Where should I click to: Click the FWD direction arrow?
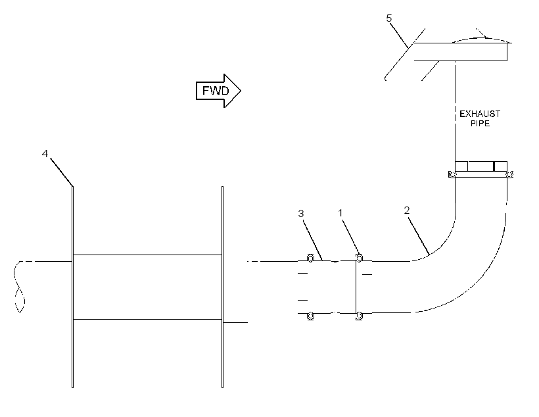218,91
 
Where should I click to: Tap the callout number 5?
388,18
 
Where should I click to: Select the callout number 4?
45,154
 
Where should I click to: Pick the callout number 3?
301,214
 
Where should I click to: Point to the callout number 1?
340,213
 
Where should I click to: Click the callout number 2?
407,210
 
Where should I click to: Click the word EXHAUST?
480,114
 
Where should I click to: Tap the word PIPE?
480,124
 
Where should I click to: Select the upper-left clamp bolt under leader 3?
310,258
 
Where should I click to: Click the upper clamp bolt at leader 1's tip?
359,258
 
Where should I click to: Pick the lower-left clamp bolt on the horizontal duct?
310,316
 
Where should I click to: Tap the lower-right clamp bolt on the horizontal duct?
359,316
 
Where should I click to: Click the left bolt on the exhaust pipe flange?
452,175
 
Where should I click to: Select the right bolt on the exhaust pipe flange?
509,175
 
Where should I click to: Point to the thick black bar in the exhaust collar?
494,166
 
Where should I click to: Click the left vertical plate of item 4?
72,287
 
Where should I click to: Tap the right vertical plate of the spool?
222,287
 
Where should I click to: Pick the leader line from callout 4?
62,172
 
